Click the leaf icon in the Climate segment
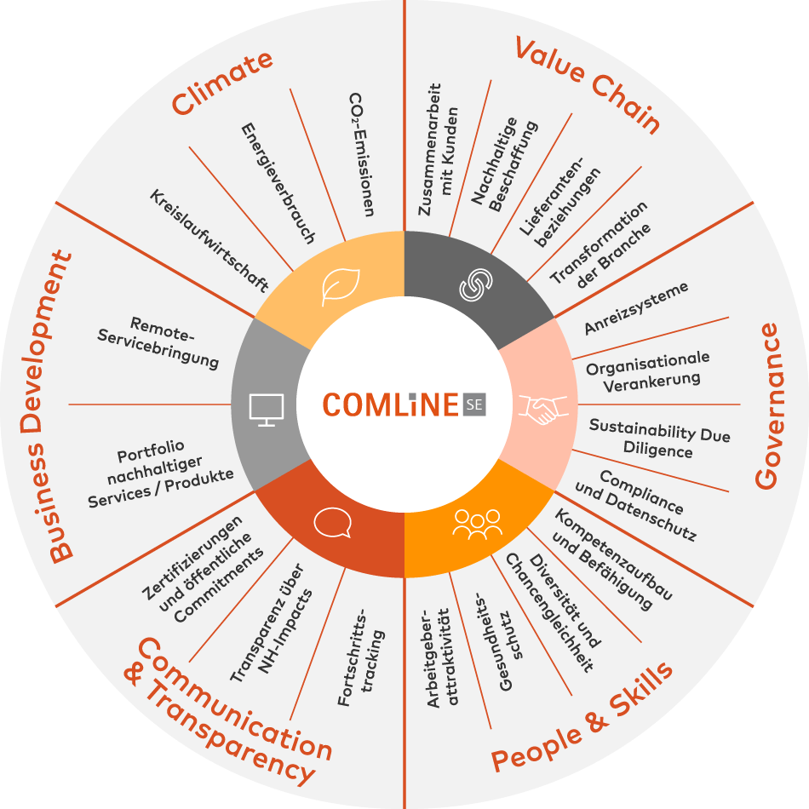pyautogui.click(x=341, y=287)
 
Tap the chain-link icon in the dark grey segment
pyautogui.click(x=476, y=284)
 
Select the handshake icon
pyautogui.click(x=542, y=410)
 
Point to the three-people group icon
pyautogui.click(x=477, y=525)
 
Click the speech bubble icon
pyautogui.click(x=333, y=523)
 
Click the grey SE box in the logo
pyautogui.click(x=474, y=404)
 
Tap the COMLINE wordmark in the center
pyautogui.click(x=391, y=404)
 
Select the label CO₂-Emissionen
pyautogui.click(x=362, y=154)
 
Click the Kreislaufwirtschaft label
pyautogui.click(x=209, y=240)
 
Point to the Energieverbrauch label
pyautogui.click(x=278, y=183)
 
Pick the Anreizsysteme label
pyautogui.click(x=635, y=307)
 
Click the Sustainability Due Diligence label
pyautogui.click(x=659, y=438)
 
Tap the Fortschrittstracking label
pyautogui.click(x=361, y=657)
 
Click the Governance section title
pyautogui.click(x=768, y=405)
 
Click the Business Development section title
pyautogui.click(x=47, y=405)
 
